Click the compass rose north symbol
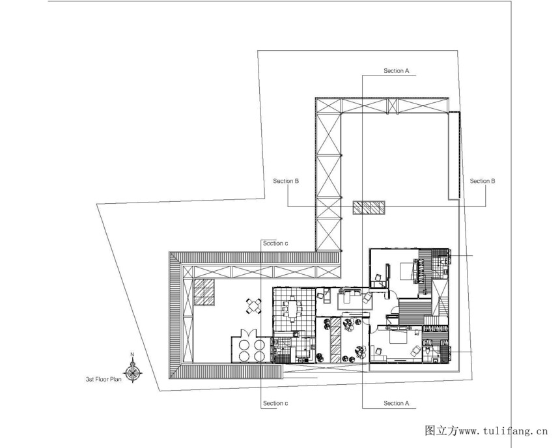pos(133,372)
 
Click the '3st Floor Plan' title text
pos(104,379)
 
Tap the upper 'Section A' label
pos(396,71)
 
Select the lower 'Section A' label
pos(396,403)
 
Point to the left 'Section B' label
pos(286,181)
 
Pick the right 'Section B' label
pos(483,181)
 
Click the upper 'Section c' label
pos(275,244)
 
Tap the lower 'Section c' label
pos(275,403)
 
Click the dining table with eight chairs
pos(292,309)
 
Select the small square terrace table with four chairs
pos(253,306)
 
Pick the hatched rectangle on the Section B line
pos(369,208)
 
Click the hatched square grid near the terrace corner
pos(204,292)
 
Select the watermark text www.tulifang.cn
pos(503,431)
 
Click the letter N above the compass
pos(132,354)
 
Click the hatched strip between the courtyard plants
pos(336,340)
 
